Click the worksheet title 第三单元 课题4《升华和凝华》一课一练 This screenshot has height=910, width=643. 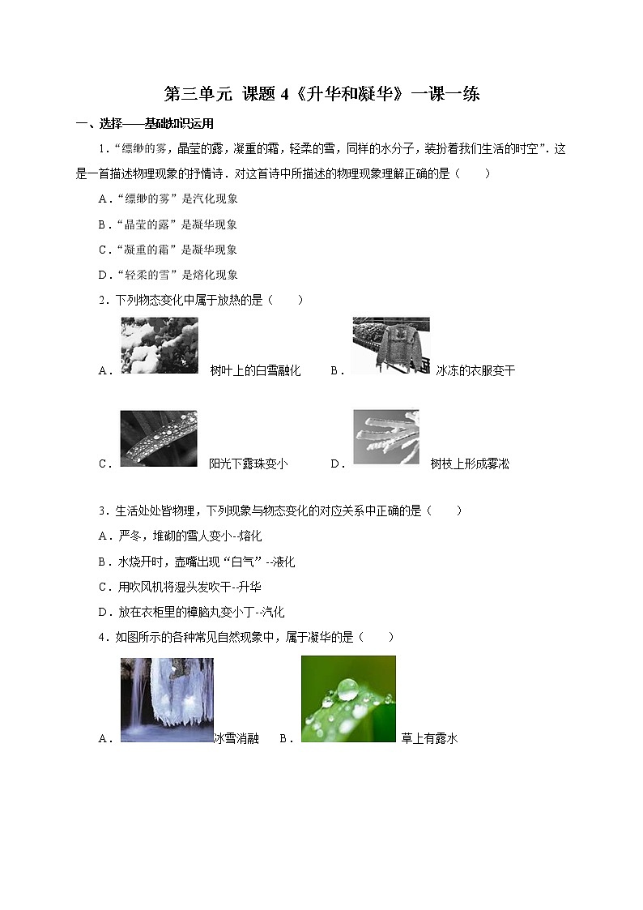click(321, 94)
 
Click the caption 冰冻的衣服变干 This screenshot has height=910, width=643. click(475, 371)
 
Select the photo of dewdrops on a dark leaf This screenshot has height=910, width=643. click(159, 438)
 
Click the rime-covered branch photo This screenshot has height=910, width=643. click(385, 437)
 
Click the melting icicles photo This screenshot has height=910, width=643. click(167, 699)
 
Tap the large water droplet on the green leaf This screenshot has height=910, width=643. click(347, 690)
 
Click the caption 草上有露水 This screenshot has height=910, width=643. click(429, 738)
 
